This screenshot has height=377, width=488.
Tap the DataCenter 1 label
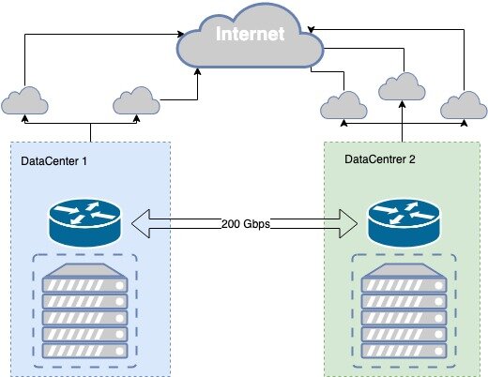(54, 161)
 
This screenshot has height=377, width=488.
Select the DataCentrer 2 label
(381, 158)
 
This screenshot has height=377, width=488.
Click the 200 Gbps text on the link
(248, 224)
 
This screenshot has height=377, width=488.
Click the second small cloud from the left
(136, 99)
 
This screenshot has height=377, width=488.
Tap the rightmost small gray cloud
(465, 104)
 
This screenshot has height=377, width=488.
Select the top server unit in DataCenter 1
(86, 270)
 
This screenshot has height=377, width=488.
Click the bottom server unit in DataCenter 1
(86, 350)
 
